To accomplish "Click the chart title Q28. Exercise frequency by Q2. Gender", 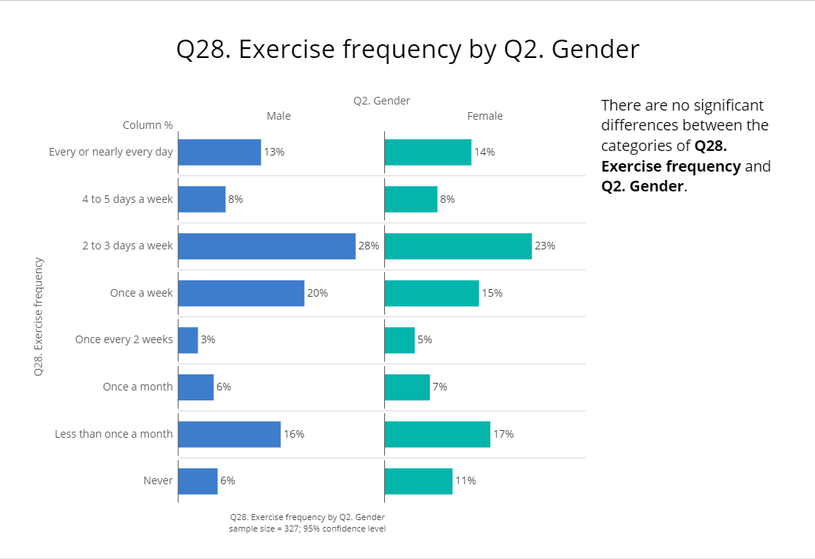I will pyautogui.click(x=407, y=50).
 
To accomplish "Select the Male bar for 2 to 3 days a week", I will pyautogui.click(x=267, y=246).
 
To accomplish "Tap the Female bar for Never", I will pyautogui.click(x=419, y=481).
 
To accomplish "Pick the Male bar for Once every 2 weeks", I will pyautogui.click(x=188, y=340).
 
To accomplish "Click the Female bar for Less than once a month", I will pyautogui.click(x=438, y=434).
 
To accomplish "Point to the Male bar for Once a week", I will pyautogui.click(x=241, y=293).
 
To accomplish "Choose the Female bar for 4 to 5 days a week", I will pyautogui.click(x=411, y=199).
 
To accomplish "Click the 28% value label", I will pyautogui.click(x=369, y=246).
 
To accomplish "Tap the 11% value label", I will pyautogui.click(x=466, y=481).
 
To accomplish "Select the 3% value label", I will pyautogui.click(x=208, y=340).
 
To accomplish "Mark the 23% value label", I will pyautogui.click(x=545, y=246).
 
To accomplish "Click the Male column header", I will pyautogui.click(x=278, y=116).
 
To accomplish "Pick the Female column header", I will pyautogui.click(x=485, y=116).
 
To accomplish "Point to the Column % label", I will pyautogui.click(x=148, y=125).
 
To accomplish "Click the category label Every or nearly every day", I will pyautogui.click(x=111, y=152).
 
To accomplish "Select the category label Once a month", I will pyautogui.click(x=138, y=387).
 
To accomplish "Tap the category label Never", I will pyautogui.click(x=158, y=481).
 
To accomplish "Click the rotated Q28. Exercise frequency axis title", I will pyautogui.click(x=38, y=316).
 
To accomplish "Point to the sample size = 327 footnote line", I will pyautogui.click(x=307, y=528).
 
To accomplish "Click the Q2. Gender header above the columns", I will pyautogui.click(x=382, y=101).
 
